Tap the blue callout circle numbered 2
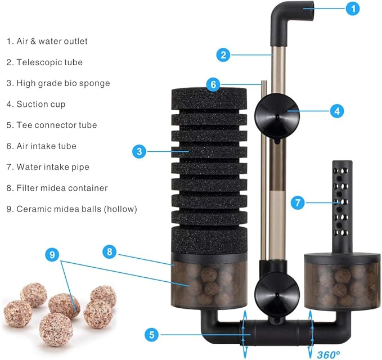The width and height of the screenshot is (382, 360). (x=224, y=55)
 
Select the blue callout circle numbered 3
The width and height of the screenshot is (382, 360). (x=139, y=151)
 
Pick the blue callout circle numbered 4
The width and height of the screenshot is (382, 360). (x=337, y=111)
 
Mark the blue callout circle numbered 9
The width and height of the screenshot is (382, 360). (x=52, y=255)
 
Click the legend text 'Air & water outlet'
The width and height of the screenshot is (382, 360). (x=47, y=41)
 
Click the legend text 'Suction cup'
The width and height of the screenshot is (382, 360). (x=36, y=104)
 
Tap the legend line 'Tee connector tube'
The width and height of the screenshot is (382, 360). (x=51, y=125)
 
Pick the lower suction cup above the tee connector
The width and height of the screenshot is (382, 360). (x=276, y=290)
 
